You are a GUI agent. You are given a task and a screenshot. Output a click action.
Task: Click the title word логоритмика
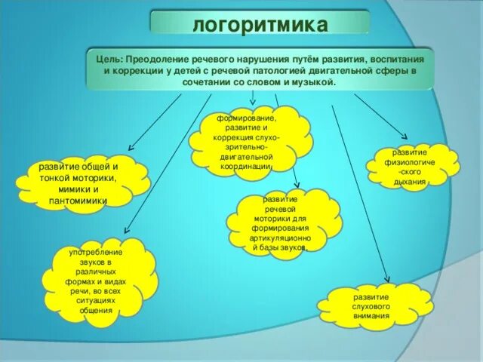click(x=260, y=25)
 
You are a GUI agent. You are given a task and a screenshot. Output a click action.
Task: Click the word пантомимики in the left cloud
click(x=78, y=201)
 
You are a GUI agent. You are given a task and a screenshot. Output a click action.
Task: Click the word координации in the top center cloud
click(x=247, y=166)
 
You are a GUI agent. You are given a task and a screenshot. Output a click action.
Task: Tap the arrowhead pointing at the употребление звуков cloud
click(x=125, y=228)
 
